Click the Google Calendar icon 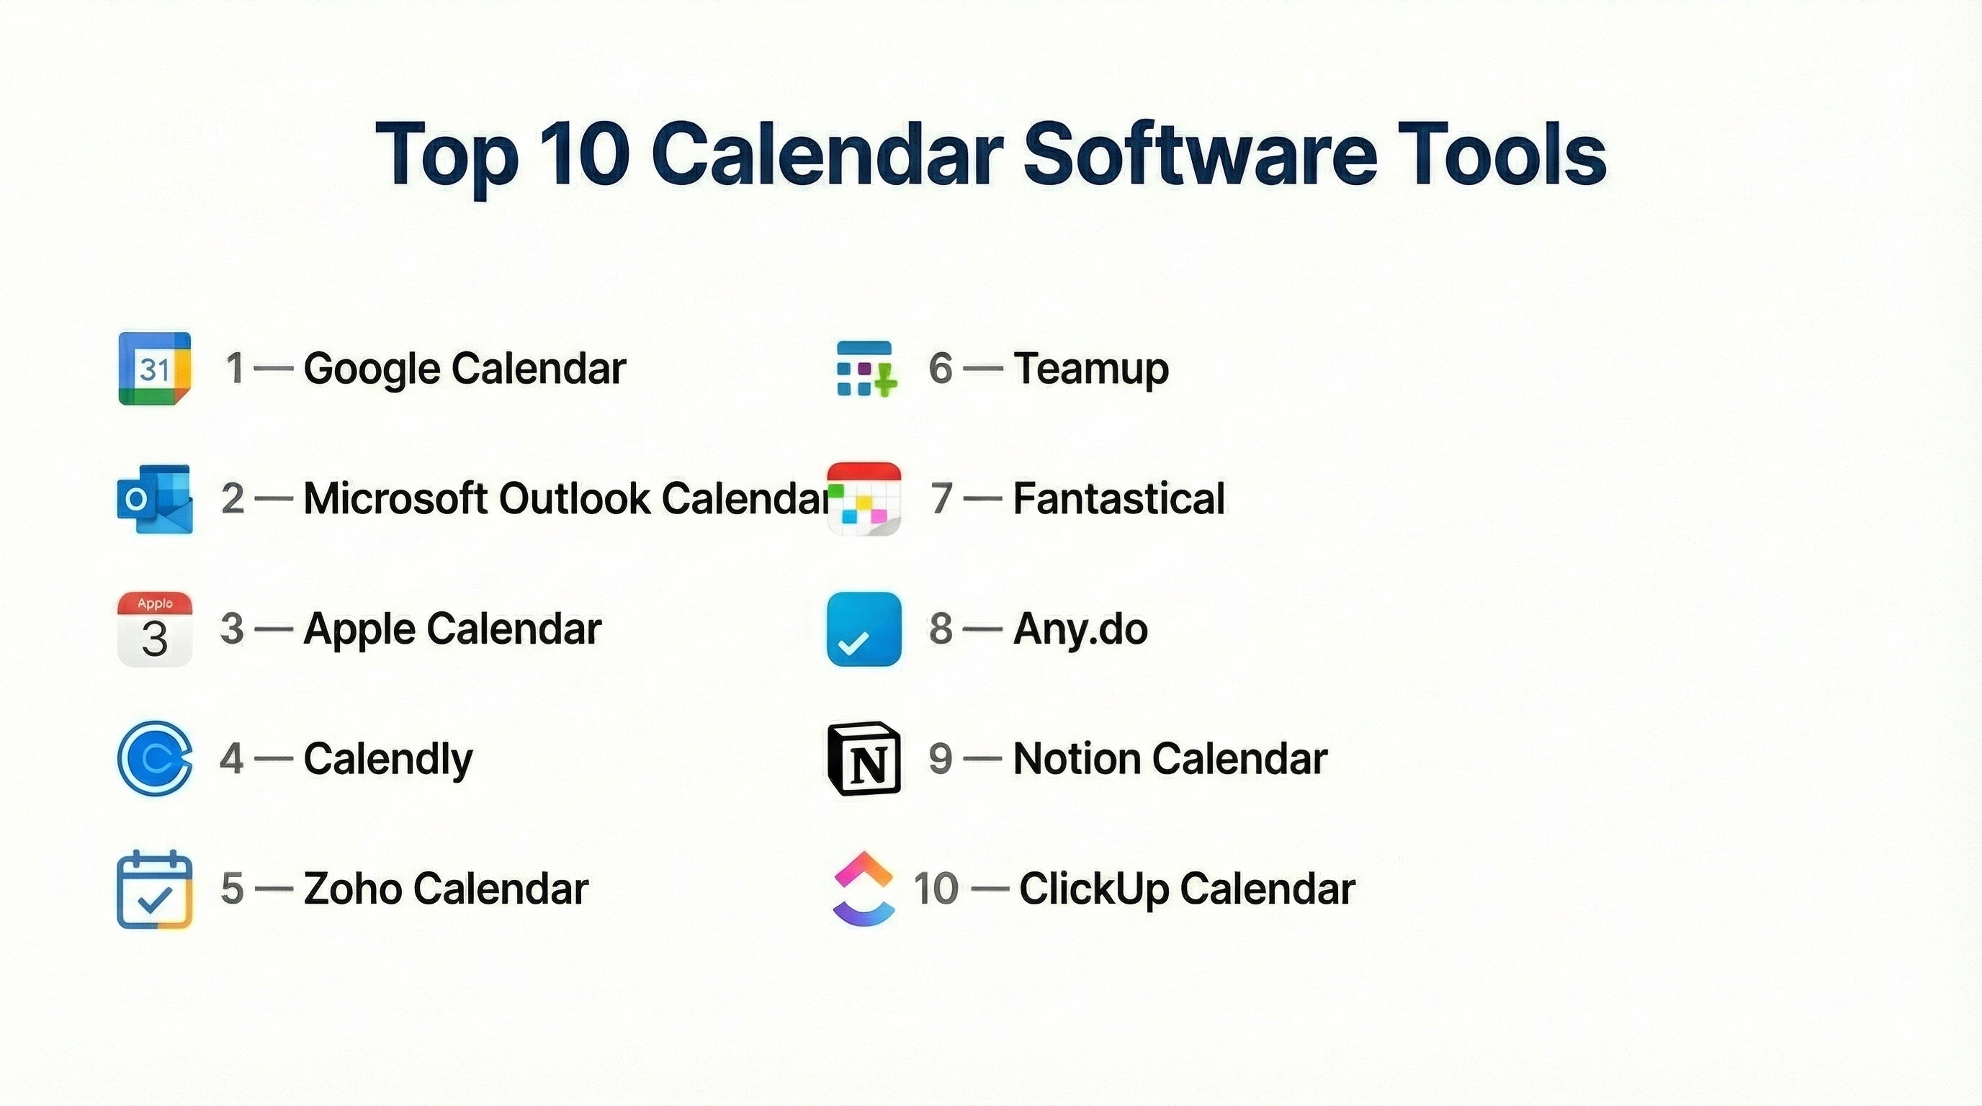[155, 369]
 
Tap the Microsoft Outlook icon [155, 498]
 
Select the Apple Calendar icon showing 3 [155, 629]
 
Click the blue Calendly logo [155, 758]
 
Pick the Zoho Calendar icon [155, 889]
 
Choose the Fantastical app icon [864, 498]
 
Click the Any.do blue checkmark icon [864, 629]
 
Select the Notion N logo [864, 758]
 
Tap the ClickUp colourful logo [864, 889]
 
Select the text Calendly [389, 759]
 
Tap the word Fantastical [1118, 498]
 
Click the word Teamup [1091, 369]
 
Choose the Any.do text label [1080, 630]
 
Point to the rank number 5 [233, 889]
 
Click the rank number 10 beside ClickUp [936, 889]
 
